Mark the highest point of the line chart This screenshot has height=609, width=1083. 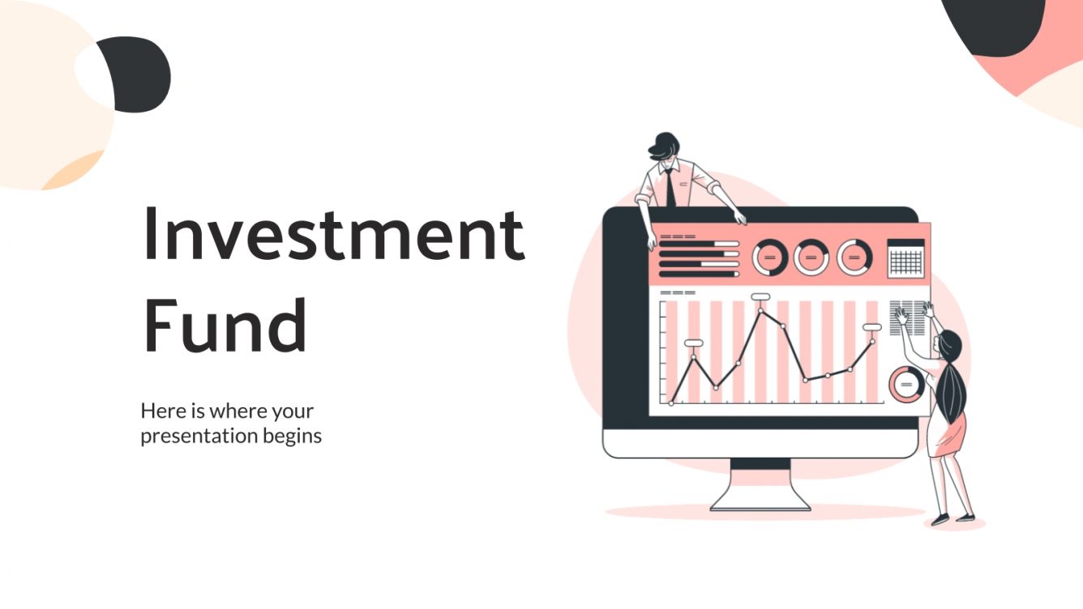pyautogui.click(x=761, y=309)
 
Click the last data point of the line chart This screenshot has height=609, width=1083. pyautogui.click(x=873, y=341)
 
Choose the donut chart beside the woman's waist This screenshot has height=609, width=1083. pyautogui.click(x=905, y=384)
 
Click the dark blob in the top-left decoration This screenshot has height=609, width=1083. pyautogui.click(x=138, y=75)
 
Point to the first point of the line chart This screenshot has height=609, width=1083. pyautogui.click(x=671, y=402)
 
